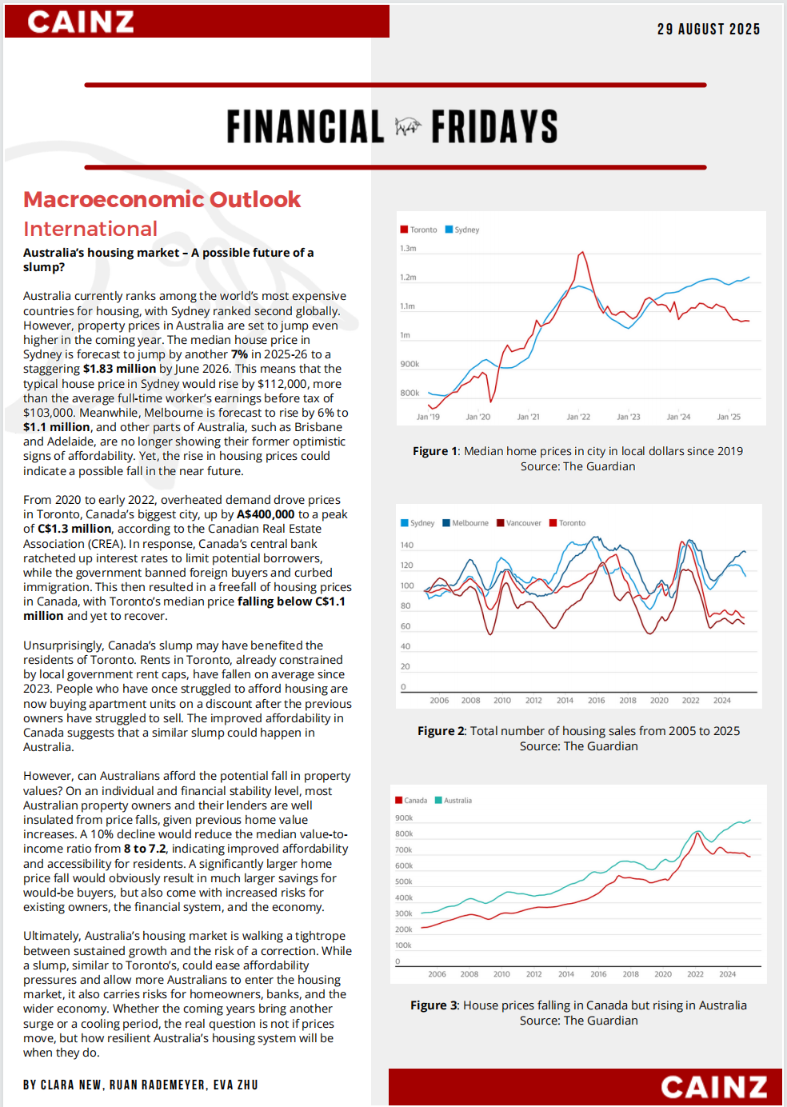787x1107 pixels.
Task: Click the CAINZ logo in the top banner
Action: (81, 22)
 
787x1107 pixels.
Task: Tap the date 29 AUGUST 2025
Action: (708, 30)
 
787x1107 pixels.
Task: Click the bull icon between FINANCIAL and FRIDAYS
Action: (408, 126)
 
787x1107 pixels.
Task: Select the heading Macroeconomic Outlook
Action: (162, 199)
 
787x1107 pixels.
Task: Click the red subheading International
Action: (90, 230)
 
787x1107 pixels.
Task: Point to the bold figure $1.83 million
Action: (119, 369)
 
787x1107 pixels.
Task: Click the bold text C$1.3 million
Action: (74, 529)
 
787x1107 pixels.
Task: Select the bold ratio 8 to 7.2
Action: (145, 849)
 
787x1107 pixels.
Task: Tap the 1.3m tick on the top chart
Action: (408, 249)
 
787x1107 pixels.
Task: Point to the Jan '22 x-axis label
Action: (578, 417)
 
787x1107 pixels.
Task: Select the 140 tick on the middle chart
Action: (407, 545)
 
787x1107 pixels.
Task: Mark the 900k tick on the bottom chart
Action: (404, 818)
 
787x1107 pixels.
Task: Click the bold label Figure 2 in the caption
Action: (441, 731)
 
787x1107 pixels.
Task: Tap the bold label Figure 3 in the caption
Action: (434, 1005)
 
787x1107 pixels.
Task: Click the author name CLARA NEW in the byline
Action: (70, 1085)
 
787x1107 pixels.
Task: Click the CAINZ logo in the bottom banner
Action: (713, 1087)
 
